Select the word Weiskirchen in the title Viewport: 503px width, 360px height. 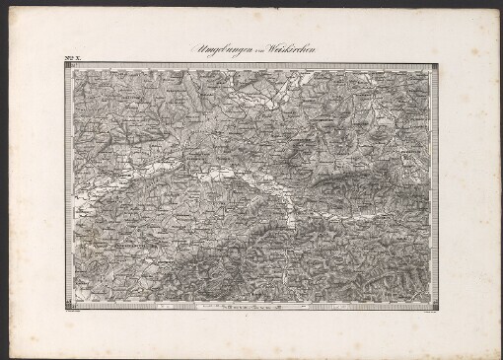click(x=300, y=50)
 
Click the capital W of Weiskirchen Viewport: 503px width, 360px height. click(x=281, y=49)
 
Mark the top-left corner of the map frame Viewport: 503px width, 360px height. click(x=64, y=66)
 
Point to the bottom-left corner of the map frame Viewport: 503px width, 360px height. click(x=64, y=308)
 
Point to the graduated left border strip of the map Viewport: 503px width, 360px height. click(x=67, y=187)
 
